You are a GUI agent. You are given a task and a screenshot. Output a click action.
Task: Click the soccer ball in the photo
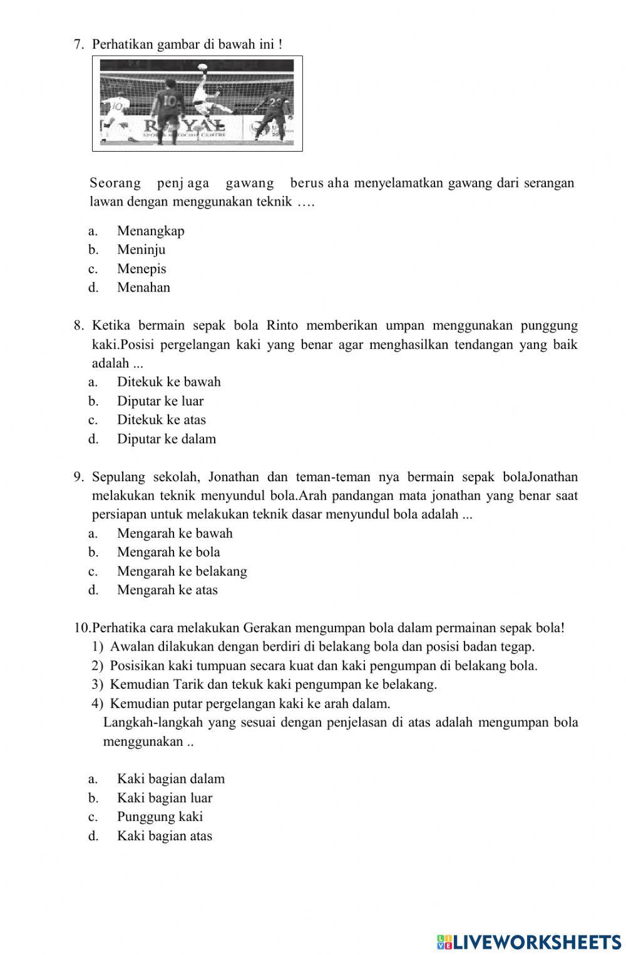click(202, 65)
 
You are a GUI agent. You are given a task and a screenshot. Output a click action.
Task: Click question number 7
click(79, 44)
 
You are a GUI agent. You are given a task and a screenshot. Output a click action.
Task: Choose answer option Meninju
click(141, 249)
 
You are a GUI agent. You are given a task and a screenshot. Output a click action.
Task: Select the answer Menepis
click(141, 269)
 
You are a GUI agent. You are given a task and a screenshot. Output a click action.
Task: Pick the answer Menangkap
click(150, 231)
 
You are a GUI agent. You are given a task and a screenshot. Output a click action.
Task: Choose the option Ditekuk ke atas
click(161, 420)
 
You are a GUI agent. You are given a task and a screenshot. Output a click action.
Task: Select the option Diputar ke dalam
click(166, 439)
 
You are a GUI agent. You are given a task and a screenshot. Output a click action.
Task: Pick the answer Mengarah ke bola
click(168, 552)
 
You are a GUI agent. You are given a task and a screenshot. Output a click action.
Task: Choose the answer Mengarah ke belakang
click(182, 571)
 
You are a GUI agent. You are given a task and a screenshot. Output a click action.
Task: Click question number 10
click(82, 627)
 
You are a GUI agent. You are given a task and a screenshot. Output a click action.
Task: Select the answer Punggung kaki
click(160, 817)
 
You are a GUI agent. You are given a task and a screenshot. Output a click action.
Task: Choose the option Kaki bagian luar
click(164, 798)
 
